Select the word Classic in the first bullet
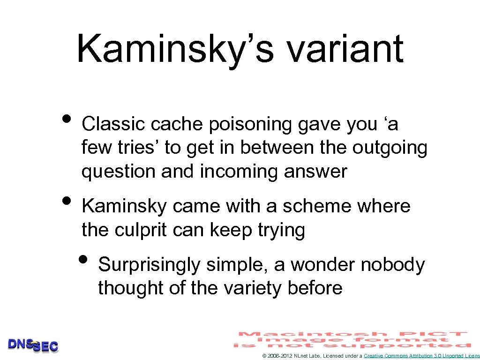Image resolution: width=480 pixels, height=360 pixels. (x=112, y=124)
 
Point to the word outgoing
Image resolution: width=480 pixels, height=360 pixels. (x=390, y=148)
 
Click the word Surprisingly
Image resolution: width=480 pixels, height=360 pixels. (x=150, y=265)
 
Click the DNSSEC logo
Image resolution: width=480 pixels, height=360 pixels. (x=33, y=345)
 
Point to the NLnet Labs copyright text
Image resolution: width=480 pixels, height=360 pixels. (x=312, y=356)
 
